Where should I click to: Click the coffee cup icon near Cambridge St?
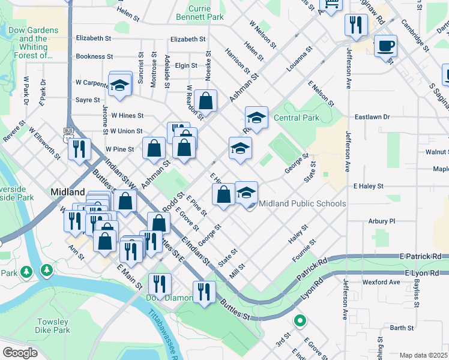(385, 46)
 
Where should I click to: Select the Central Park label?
(297, 118)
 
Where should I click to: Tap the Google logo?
(20, 353)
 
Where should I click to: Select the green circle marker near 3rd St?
(300, 321)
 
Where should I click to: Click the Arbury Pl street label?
(382, 221)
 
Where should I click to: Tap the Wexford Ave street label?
(381, 282)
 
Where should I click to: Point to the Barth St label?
(402, 328)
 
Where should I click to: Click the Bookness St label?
(94, 56)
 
